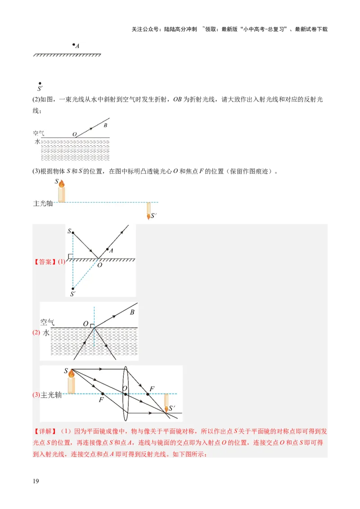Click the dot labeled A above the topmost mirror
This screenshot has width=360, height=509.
(x=74, y=45)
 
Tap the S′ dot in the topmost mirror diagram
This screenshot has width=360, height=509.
(x=40, y=83)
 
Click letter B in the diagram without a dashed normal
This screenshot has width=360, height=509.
(x=106, y=125)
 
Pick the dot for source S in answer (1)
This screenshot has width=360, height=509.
(x=73, y=232)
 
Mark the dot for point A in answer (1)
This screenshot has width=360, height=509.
(x=107, y=249)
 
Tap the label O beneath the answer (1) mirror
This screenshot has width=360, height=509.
(x=99, y=265)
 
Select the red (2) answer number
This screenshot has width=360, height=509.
(x=36, y=333)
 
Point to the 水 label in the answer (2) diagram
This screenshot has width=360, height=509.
(x=46, y=333)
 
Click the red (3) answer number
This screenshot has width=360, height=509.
(x=36, y=395)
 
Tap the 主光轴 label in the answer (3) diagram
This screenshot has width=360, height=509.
(x=51, y=395)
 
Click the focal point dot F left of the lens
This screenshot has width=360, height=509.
(x=103, y=394)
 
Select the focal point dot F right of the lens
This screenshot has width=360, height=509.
(x=148, y=394)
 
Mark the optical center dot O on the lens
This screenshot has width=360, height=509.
(x=126, y=394)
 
